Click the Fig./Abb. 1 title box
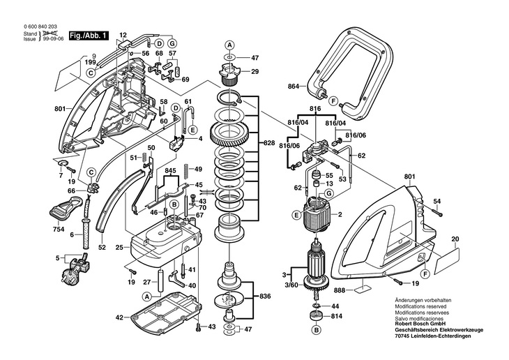89,36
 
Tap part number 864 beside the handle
293,87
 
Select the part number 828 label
269,143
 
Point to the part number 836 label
265,297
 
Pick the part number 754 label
59,230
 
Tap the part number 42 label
119,317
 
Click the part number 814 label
337,316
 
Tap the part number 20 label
455,239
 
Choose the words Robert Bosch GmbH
420,324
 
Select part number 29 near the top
254,71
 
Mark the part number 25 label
119,248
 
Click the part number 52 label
102,248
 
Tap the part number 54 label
437,202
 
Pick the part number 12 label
123,35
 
